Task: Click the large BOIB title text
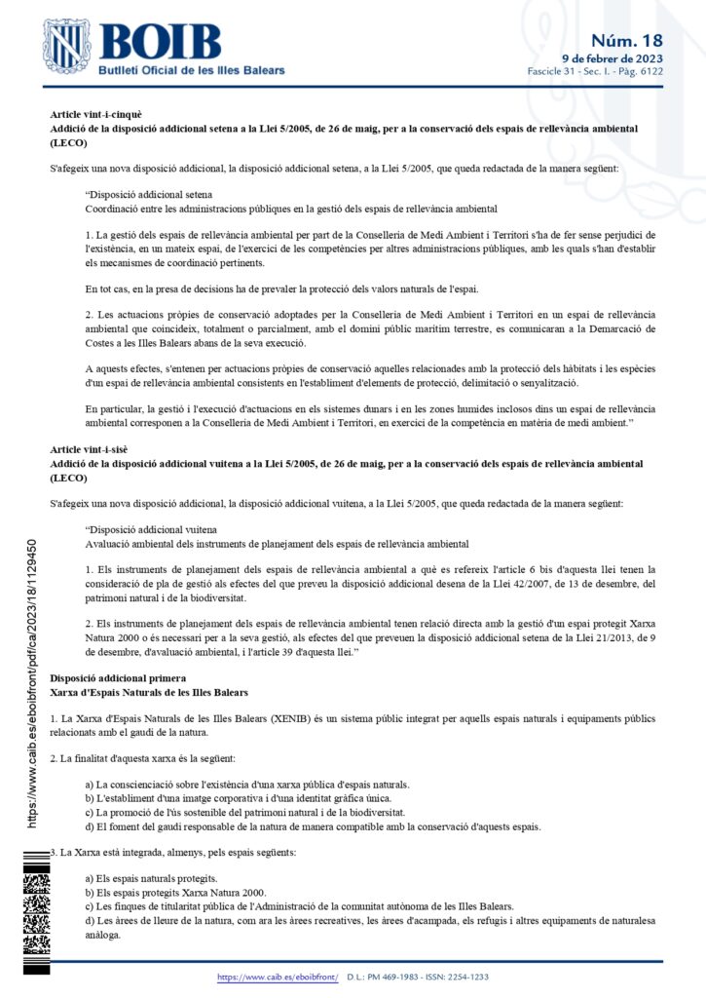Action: click(160, 41)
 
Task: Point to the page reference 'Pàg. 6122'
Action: click(641, 72)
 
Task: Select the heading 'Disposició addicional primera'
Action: click(112, 649)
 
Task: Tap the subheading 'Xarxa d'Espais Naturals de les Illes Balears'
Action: click(150, 664)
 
